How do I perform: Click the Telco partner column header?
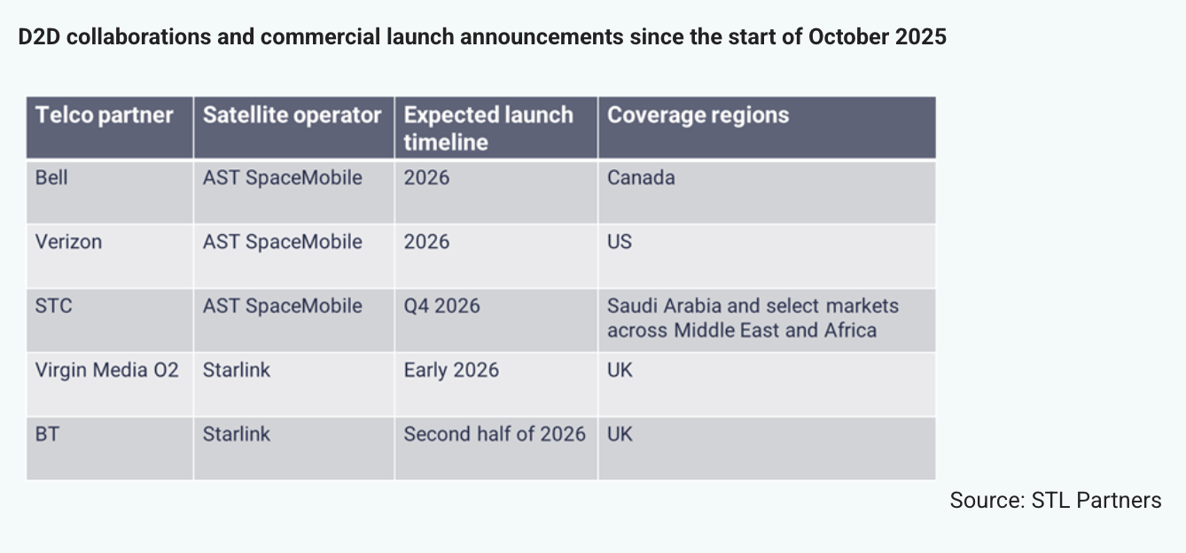click(x=105, y=115)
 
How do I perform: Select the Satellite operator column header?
click(x=292, y=115)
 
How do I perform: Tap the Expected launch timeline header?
click(x=488, y=129)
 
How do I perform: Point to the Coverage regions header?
click(x=698, y=115)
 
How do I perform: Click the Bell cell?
click(x=51, y=178)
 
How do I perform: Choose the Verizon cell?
click(x=68, y=242)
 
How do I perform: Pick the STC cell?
click(x=53, y=306)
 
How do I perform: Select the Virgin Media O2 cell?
click(x=107, y=370)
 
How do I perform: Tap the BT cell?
click(x=47, y=434)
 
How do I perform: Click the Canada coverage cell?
click(x=641, y=178)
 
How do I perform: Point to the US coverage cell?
click(x=620, y=242)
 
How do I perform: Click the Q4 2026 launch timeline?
click(x=441, y=306)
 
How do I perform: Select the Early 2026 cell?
click(x=451, y=370)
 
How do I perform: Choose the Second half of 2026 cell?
click(x=495, y=434)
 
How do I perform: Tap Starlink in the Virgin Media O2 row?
click(x=236, y=370)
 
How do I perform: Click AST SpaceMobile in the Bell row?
click(x=282, y=178)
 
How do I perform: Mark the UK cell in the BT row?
click(x=620, y=434)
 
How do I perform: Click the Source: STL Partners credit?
click(x=1055, y=500)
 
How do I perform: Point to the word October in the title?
click(x=847, y=37)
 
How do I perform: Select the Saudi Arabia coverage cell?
click(x=753, y=318)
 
